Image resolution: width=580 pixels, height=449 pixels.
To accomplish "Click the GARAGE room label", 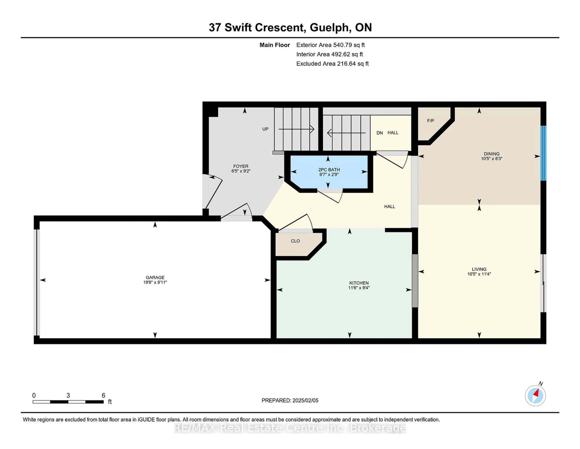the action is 155,277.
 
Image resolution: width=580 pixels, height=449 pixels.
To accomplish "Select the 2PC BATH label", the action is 329,170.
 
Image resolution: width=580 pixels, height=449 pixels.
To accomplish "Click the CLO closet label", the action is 295,241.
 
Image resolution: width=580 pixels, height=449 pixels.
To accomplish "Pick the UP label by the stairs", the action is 265,129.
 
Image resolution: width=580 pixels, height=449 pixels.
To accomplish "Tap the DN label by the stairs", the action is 380,133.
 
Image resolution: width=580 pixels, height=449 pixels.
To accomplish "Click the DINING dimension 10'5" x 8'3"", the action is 492,159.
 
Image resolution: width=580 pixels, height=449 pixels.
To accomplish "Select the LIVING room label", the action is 479,269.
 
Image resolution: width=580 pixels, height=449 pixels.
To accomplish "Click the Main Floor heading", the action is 275,45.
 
